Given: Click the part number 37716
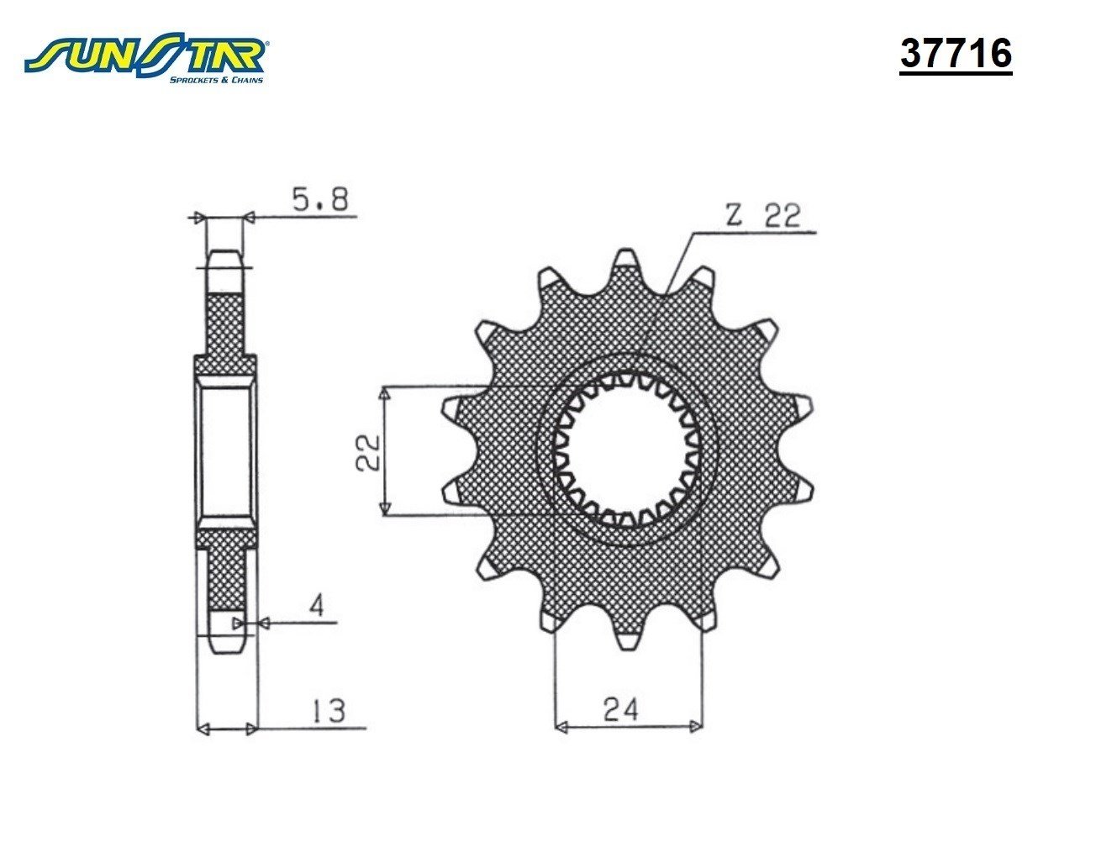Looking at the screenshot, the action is point(956,54).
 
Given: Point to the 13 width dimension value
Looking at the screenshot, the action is point(329,710).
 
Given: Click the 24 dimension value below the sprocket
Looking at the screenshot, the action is point(621,710).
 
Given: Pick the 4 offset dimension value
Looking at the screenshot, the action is point(318,605).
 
